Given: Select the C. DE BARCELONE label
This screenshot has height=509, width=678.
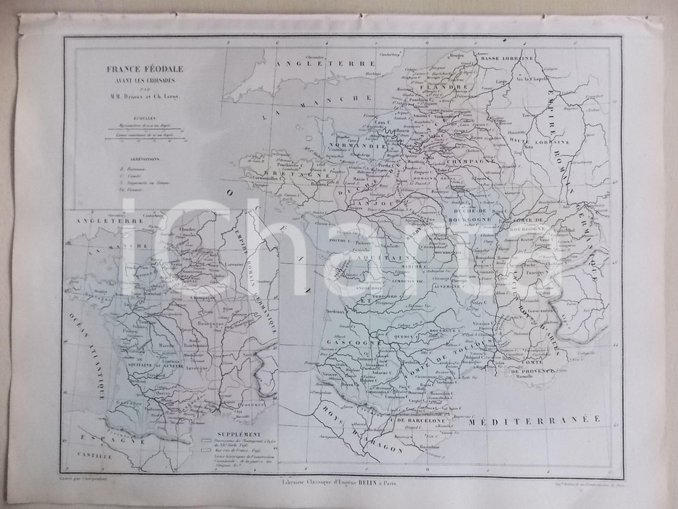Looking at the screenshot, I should tap(415, 420).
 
